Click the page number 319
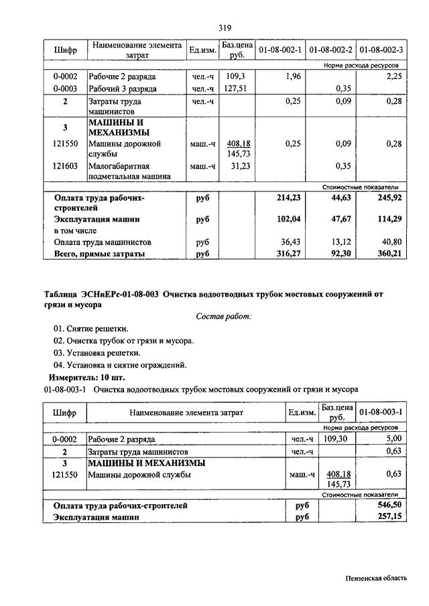point(225,27)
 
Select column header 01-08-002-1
point(280,50)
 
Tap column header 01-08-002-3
point(381,50)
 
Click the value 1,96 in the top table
point(292,76)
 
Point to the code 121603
point(66,165)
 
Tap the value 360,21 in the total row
point(389,253)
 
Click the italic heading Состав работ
point(224,316)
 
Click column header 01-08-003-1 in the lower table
point(381,412)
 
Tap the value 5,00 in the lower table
point(391,438)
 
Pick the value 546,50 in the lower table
point(389,506)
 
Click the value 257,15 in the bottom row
point(389,518)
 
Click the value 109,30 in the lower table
point(336,438)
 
